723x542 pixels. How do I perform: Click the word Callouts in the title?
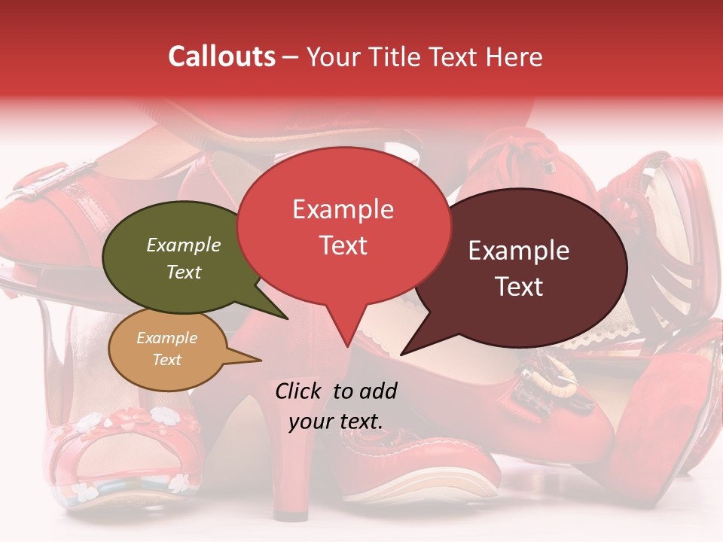point(221,57)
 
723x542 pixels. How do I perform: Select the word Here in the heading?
point(514,57)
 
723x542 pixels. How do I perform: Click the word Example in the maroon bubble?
point(519,251)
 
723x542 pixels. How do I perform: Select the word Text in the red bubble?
point(343,245)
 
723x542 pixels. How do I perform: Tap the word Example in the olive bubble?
point(184,245)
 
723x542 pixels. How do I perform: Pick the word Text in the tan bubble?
point(167,360)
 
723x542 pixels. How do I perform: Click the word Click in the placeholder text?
point(300,391)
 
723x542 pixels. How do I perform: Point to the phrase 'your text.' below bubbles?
point(336,421)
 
